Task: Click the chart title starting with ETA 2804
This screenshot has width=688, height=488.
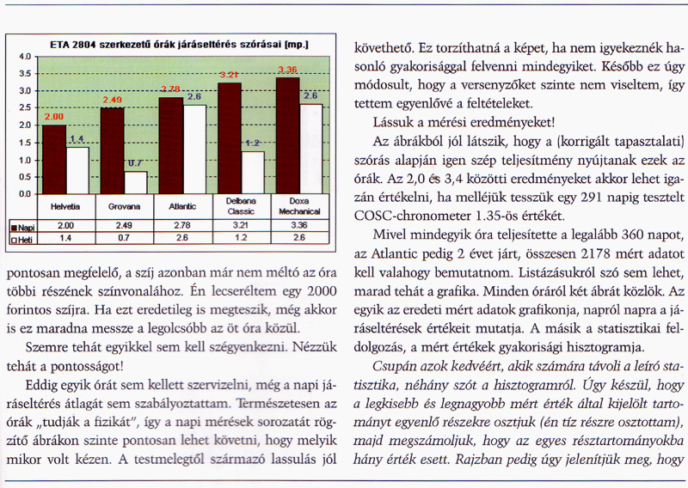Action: [x=179, y=44]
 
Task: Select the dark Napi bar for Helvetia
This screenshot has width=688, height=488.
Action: [x=54, y=160]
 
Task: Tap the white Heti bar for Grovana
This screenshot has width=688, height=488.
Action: [x=135, y=183]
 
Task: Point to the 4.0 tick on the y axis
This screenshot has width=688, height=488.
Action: [x=25, y=57]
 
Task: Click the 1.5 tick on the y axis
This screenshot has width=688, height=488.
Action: [x=25, y=143]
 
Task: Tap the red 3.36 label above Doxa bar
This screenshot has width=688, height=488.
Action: [x=286, y=70]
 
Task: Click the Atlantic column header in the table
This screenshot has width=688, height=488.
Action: [x=182, y=207]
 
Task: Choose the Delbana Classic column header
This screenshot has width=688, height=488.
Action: [x=241, y=207]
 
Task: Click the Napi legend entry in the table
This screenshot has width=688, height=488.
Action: [x=21, y=226]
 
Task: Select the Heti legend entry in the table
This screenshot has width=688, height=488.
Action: [x=21, y=238]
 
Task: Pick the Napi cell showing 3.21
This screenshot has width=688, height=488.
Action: [x=241, y=226]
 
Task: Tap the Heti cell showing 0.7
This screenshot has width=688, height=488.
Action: [x=124, y=238]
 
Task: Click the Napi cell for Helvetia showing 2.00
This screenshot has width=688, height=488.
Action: [x=66, y=226]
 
